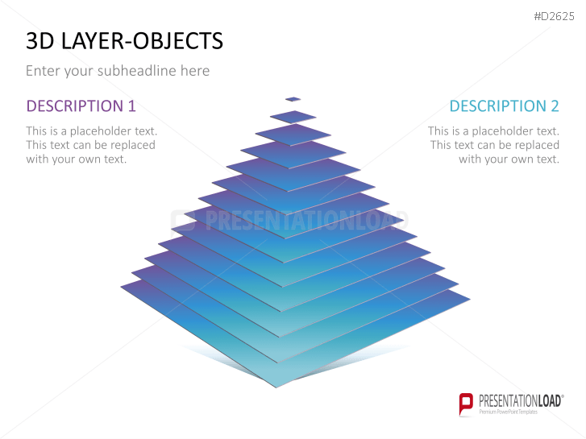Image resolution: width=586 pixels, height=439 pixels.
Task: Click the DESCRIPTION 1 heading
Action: tap(81, 106)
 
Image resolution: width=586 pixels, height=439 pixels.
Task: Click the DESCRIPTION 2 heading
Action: tap(504, 106)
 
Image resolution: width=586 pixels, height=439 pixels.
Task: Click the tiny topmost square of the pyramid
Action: tap(293, 99)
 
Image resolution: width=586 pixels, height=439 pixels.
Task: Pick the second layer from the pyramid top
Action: tap(293, 117)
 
